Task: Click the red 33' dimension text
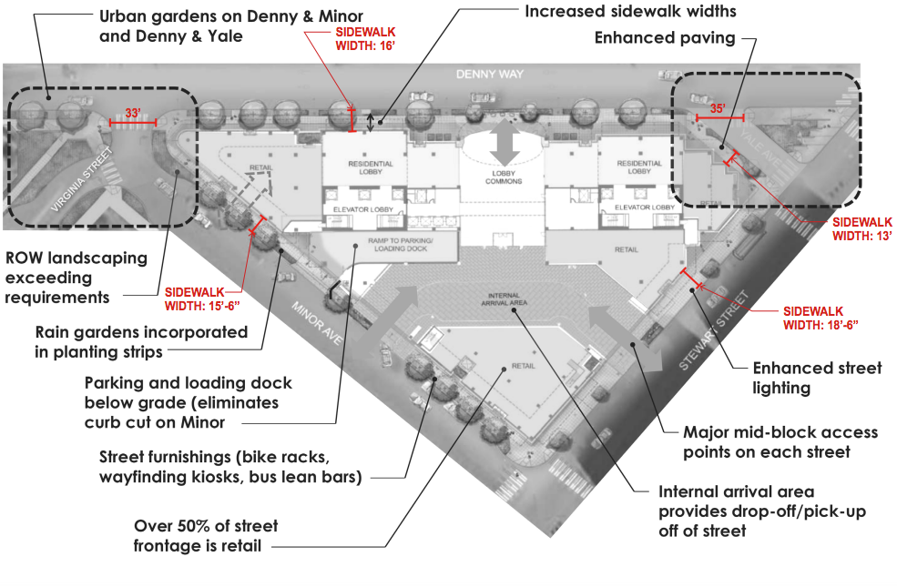[x=133, y=113]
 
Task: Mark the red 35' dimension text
[x=718, y=108]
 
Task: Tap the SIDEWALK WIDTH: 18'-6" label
[x=821, y=317]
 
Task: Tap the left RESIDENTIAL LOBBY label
[x=370, y=167]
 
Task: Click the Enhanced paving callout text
[x=664, y=37]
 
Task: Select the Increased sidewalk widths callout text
[x=630, y=12]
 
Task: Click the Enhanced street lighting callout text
[x=816, y=379]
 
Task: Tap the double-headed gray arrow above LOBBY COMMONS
[x=503, y=141]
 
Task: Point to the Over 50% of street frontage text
[x=206, y=536]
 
